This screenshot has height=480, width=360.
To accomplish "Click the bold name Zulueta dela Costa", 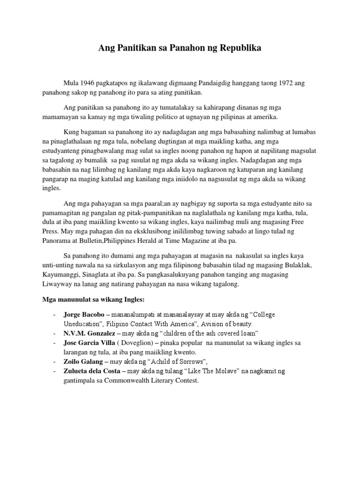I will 93,371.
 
